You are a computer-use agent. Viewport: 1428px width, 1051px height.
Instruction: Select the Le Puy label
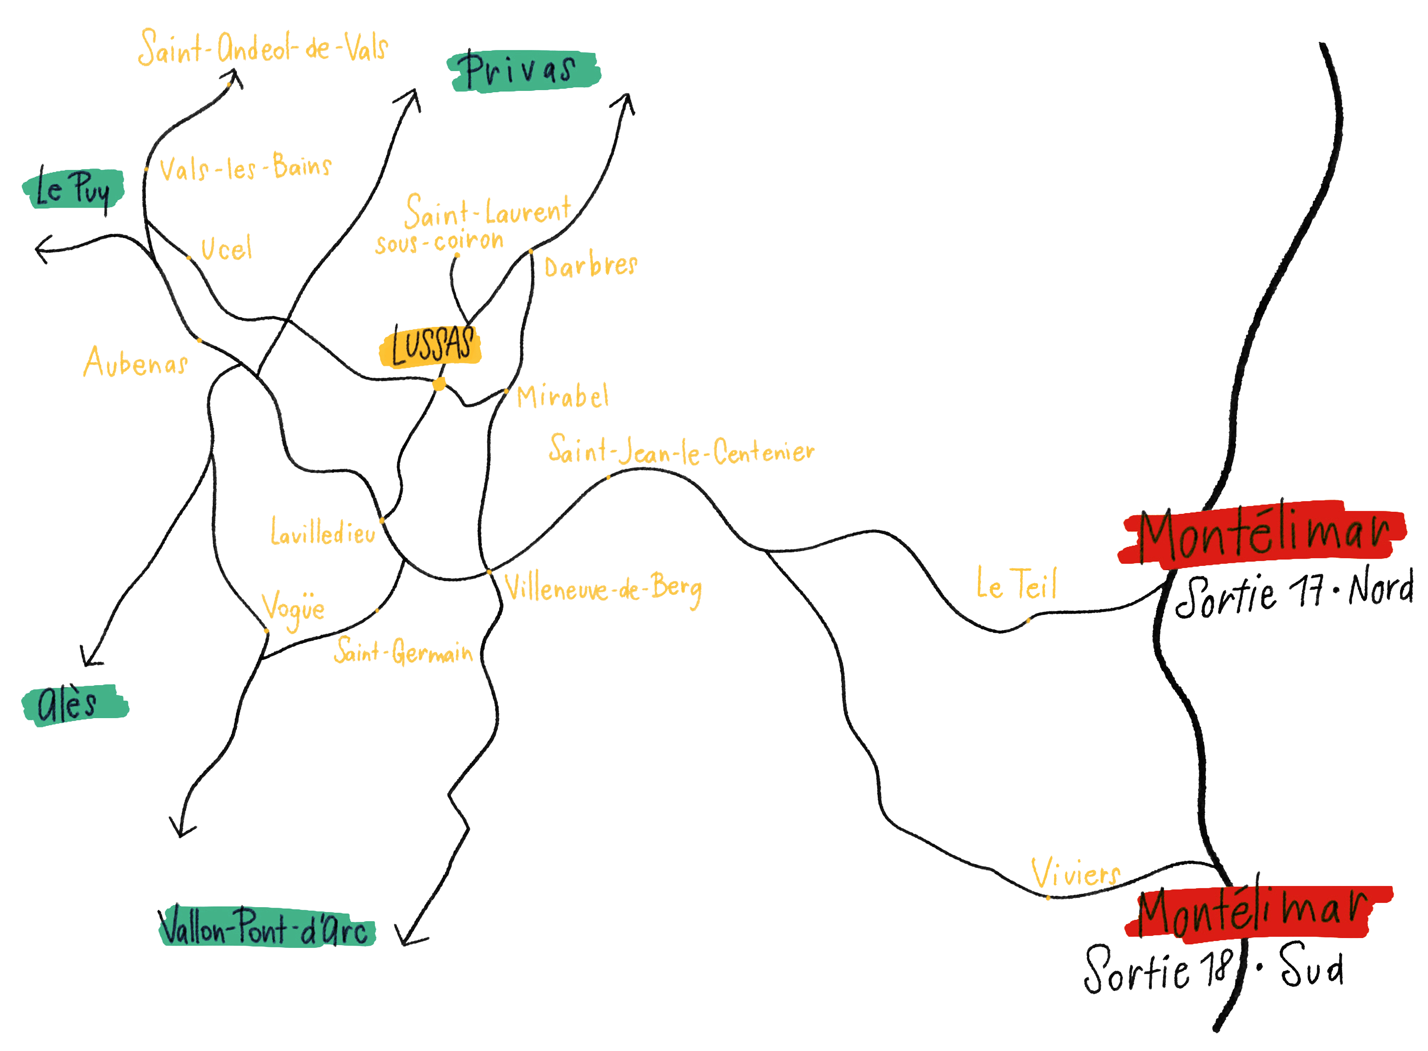coord(72,189)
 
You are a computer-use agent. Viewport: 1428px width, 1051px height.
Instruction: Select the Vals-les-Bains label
coord(245,168)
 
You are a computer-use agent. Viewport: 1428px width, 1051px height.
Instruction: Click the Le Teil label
coord(1016,583)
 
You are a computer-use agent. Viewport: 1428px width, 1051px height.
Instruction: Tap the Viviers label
coord(1075,873)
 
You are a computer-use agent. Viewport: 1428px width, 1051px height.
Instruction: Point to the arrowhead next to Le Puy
coord(42,249)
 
